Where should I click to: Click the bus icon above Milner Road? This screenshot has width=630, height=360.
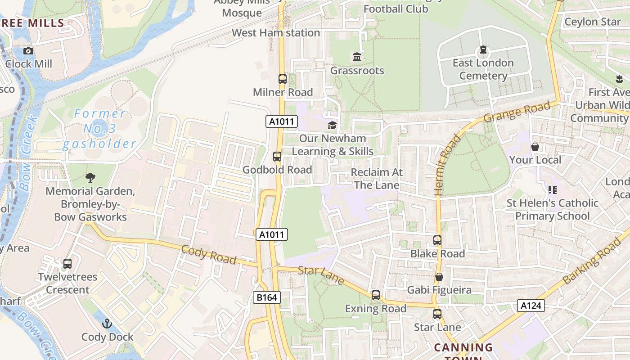coord(282,79)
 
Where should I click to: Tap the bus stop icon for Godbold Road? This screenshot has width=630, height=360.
coord(277,157)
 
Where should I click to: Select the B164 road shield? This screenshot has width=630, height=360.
coord(267,297)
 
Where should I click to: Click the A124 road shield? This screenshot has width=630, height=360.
coord(531,306)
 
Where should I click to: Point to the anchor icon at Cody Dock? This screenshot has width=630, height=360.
coord(107,324)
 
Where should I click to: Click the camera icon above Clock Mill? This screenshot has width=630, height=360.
coord(28,51)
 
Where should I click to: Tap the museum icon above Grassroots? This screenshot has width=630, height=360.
coord(357,57)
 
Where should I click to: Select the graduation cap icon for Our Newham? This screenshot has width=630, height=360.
coord(332,125)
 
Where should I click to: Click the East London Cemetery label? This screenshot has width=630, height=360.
coord(483,69)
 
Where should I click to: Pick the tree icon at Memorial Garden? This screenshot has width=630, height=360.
coord(90,177)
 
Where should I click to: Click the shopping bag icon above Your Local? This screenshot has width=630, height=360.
coord(535,147)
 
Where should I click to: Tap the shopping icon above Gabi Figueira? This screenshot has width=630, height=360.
coord(439,277)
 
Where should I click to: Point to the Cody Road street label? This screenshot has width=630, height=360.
coord(209,255)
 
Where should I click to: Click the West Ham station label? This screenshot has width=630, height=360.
coord(276,33)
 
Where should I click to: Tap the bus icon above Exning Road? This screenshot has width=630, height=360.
coord(376,295)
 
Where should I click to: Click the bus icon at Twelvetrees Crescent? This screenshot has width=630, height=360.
coord(67,264)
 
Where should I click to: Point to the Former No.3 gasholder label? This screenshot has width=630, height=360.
coord(99,129)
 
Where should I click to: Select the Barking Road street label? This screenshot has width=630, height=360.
coord(591,261)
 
